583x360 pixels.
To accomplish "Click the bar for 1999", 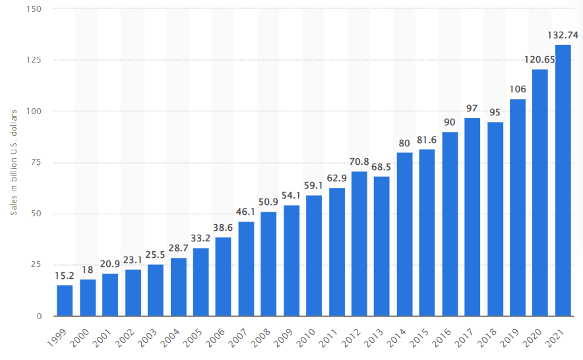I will (x=65, y=300).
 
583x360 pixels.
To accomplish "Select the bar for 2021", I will (x=563, y=180).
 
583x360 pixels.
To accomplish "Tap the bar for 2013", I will (x=382, y=246).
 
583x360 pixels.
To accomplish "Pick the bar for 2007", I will (x=246, y=268).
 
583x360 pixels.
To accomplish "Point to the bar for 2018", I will (x=495, y=219).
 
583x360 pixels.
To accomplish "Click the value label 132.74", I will (x=563, y=35).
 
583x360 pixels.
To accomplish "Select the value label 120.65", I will (x=540, y=59).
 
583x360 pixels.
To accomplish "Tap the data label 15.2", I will (x=65, y=275).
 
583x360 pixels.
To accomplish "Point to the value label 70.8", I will (x=359, y=162).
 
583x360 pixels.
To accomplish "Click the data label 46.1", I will (x=246, y=212).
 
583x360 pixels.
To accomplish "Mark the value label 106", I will (x=518, y=89).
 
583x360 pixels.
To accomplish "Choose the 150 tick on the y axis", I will (x=34, y=9).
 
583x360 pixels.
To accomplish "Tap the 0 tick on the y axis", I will (x=39, y=316).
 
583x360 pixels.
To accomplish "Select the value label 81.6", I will (x=427, y=139).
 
